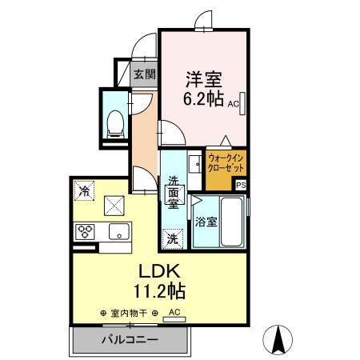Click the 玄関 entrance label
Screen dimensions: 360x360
point(144,75)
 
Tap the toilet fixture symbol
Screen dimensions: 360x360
point(113,120)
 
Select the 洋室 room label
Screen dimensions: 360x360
point(204,80)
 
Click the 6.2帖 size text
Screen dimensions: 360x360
point(204,101)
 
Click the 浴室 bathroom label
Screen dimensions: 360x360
point(206,222)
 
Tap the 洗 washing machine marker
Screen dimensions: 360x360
point(173,238)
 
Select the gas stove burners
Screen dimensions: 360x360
point(85,233)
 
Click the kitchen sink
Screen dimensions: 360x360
point(118,234)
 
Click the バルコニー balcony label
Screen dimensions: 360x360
point(129,339)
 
